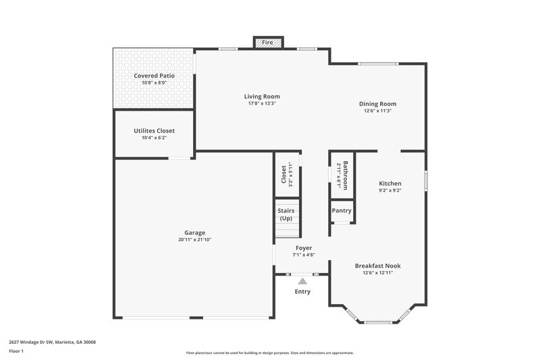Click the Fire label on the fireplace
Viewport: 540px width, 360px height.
click(x=268, y=43)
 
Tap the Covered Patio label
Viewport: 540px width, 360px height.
click(x=154, y=76)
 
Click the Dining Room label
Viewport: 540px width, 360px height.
click(x=377, y=103)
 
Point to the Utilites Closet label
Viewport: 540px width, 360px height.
click(x=154, y=130)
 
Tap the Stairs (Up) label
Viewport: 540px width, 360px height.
click(x=286, y=215)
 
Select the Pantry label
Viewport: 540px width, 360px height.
click(x=342, y=210)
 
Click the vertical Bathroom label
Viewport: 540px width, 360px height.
click(x=345, y=176)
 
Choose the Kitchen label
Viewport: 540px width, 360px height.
click(x=390, y=183)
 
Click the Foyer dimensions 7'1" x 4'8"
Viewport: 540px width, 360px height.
click(x=303, y=255)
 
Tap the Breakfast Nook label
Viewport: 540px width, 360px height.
click(x=377, y=265)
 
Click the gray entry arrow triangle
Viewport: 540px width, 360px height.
click(x=302, y=280)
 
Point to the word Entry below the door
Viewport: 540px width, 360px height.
click(x=302, y=292)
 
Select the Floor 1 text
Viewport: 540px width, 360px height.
click(x=17, y=351)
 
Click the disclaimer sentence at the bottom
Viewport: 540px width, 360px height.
click(x=270, y=353)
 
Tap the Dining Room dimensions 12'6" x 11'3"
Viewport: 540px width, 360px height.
click(x=377, y=111)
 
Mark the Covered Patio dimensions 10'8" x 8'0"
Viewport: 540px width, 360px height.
click(x=154, y=83)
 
